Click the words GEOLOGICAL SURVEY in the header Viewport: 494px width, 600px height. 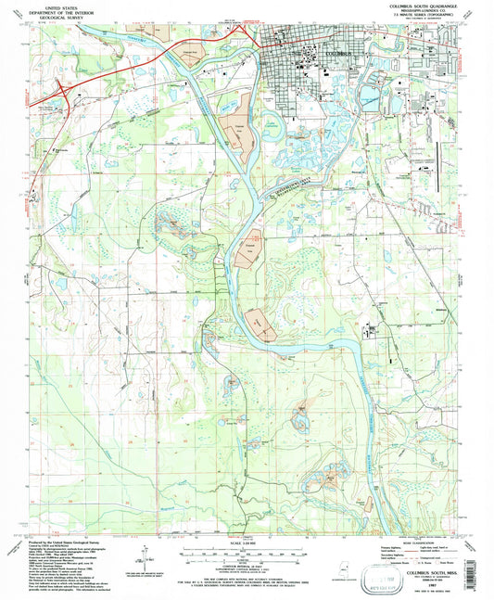pyautogui.click(x=56, y=19)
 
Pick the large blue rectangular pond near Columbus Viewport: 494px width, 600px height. pyautogui.click(x=377, y=96)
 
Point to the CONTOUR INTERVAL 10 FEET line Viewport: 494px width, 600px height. pyautogui.click(x=247, y=555)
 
